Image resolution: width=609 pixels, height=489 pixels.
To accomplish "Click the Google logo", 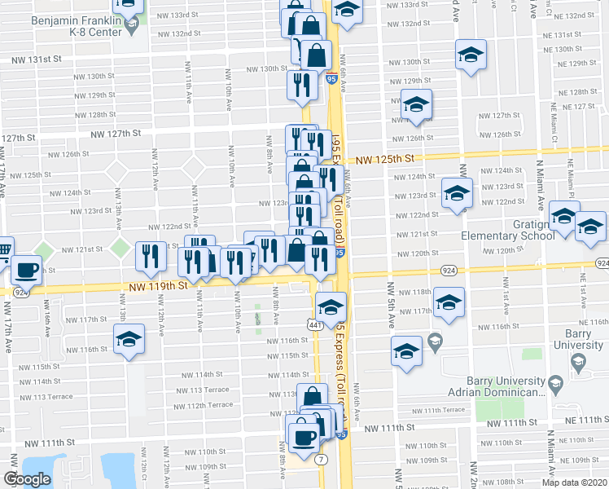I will coord(27,479).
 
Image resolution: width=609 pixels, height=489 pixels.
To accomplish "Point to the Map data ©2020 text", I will coord(574,482).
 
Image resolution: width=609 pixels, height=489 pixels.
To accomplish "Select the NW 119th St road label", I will coord(158,286).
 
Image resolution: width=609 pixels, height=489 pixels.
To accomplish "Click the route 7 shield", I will coord(322,460).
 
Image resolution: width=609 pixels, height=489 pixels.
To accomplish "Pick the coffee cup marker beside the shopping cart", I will coord(26,269).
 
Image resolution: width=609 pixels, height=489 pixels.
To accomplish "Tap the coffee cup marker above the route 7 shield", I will coord(304,434).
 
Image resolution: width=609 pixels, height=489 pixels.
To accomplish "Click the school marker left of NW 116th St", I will coord(129,340).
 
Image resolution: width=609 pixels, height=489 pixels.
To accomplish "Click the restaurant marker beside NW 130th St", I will coord(302,84).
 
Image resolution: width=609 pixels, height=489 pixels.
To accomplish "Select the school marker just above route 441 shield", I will coord(331,307).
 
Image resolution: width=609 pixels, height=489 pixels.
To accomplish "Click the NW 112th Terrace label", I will coord(197,406).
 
